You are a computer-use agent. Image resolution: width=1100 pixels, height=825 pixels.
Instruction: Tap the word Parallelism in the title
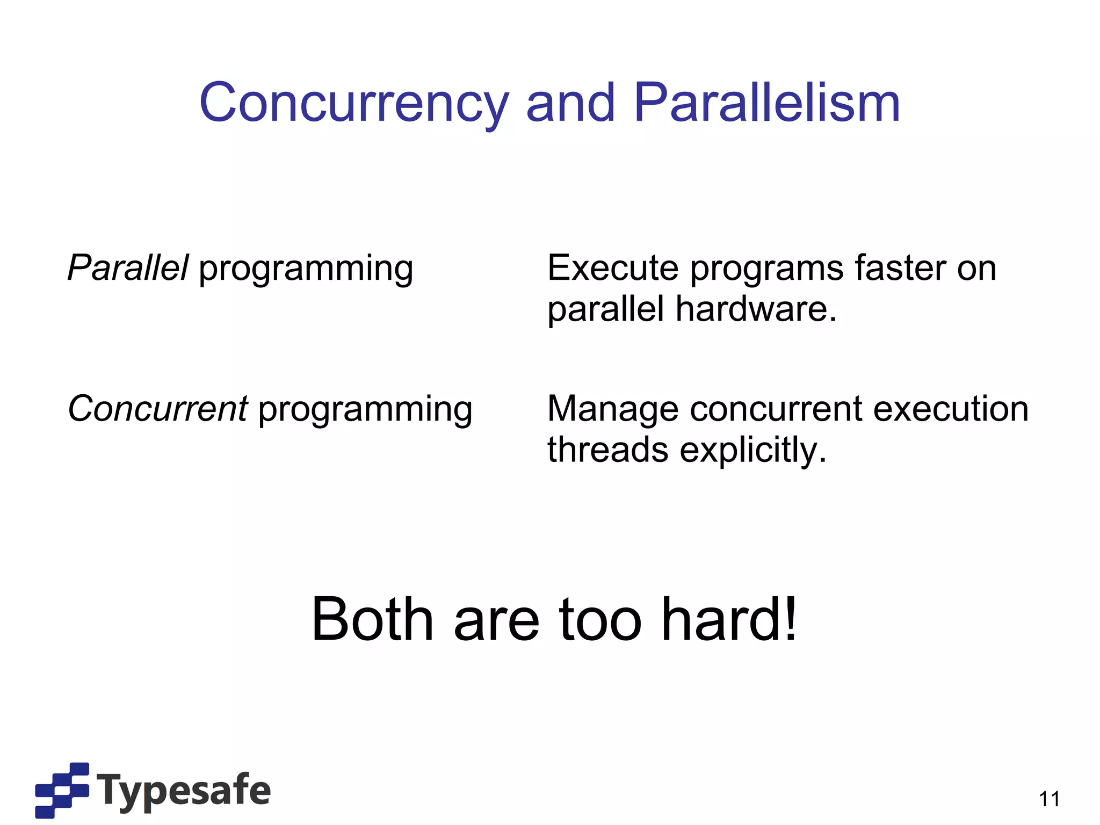pyautogui.click(x=766, y=103)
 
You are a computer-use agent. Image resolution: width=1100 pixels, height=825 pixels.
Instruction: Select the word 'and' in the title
pyautogui.click(x=570, y=103)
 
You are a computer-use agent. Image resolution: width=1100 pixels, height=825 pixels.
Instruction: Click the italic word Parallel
pyautogui.click(x=128, y=267)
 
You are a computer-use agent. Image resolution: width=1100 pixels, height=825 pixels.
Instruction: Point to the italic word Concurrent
pyautogui.click(x=158, y=409)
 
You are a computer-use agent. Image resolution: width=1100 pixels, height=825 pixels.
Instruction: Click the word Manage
pyautogui.click(x=613, y=410)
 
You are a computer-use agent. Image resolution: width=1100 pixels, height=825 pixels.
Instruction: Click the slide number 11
pyautogui.click(x=1049, y=799)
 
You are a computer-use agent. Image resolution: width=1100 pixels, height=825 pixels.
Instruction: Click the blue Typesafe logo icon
pyautogui.click(x=62, y=790)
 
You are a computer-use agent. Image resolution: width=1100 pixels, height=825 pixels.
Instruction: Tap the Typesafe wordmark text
pyautogui.click(x=184, y=790)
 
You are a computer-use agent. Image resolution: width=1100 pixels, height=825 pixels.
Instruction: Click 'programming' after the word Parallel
pyautogui.click(x=306, y=269)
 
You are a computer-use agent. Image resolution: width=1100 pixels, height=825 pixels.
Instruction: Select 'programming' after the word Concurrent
pyautogui.click(x=365, y=410)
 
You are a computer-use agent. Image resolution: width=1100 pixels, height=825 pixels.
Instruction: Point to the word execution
pyautogui.click(x=951, y=409)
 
